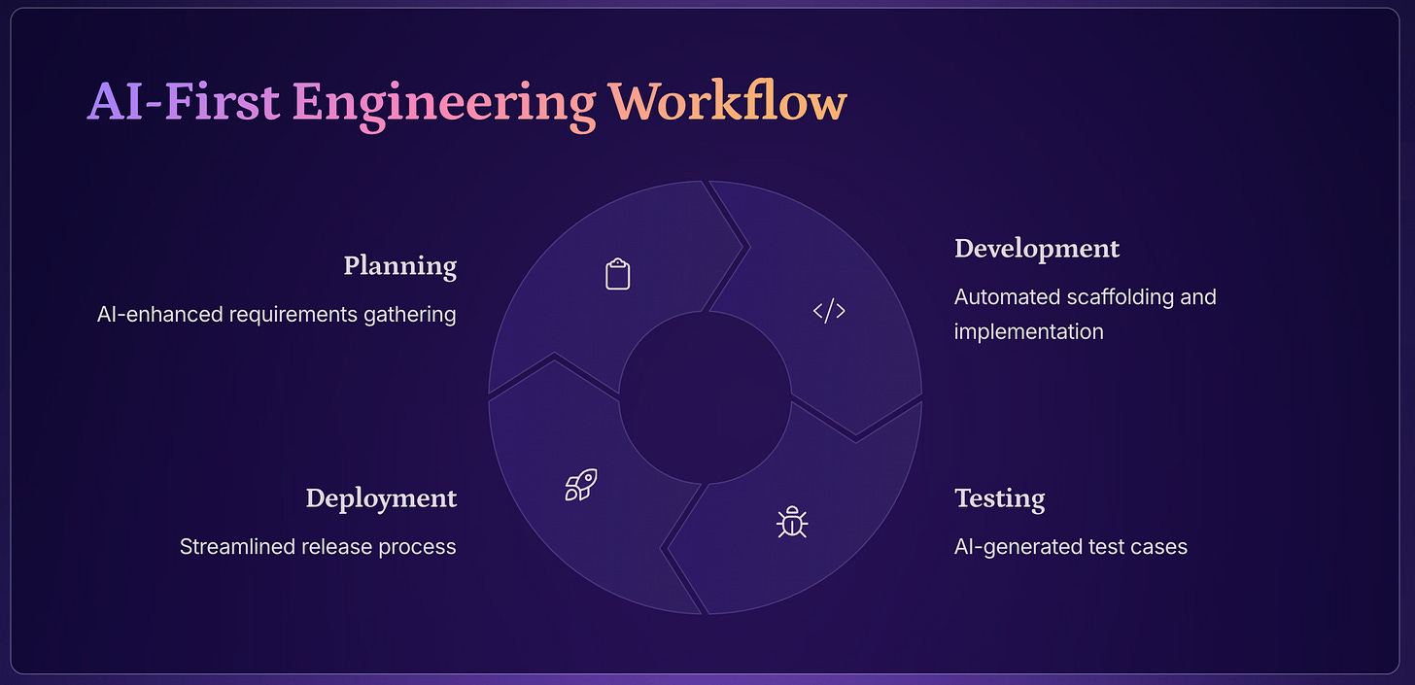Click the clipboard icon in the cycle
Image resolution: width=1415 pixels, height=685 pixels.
[617, 274]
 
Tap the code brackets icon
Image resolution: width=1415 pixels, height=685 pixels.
[829, 311]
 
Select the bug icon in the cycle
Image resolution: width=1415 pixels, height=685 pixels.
[792, 523]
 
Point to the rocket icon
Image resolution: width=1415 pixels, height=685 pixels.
[580, 485]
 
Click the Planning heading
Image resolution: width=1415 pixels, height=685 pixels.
[399, 265]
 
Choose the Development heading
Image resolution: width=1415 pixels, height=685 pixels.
[1037, 249]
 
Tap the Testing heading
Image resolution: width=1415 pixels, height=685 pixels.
[999, 498]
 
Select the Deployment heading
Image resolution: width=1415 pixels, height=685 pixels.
[381, 498]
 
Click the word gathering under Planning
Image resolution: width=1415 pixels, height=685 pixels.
[410, 315]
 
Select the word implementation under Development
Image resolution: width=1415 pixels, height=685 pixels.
[1028, 331]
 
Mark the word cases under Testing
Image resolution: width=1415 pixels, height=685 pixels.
[1160, 546]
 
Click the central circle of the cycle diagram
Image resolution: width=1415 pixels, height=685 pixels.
[705, 397]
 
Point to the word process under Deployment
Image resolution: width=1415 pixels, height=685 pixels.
[417, 546]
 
